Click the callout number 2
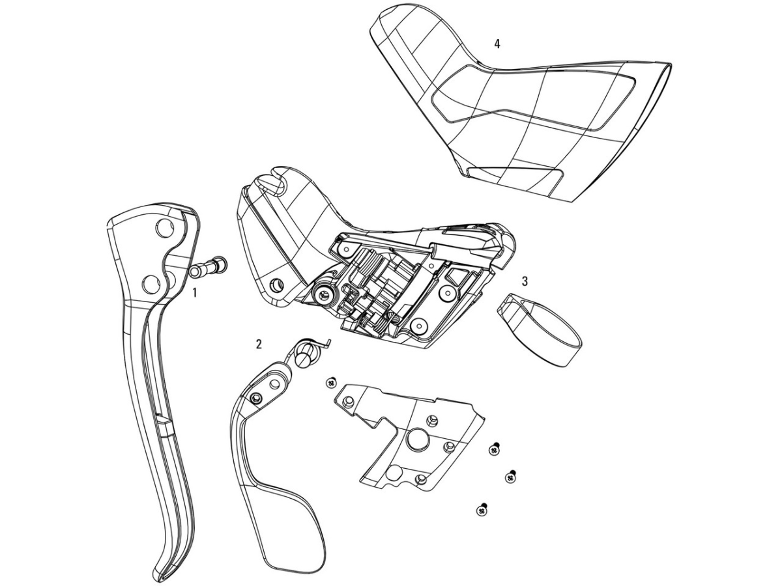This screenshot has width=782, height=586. tap(259, 344)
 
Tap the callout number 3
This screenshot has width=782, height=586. tap(525, 281)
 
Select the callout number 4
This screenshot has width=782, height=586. tap(497, 44)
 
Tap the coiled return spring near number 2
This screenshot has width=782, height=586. tap(310, 352)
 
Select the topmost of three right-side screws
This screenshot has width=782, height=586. tap(493, 450)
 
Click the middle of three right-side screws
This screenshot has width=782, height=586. tap(510, 477)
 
